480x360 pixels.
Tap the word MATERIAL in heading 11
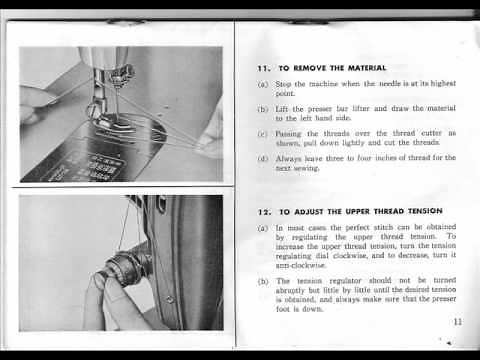coord(364,68)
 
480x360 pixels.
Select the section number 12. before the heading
coord(263,212)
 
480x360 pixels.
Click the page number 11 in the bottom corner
coord(457,321)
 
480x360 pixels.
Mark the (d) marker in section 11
coord(262,158)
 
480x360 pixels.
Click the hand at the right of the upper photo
coord(211,131)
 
